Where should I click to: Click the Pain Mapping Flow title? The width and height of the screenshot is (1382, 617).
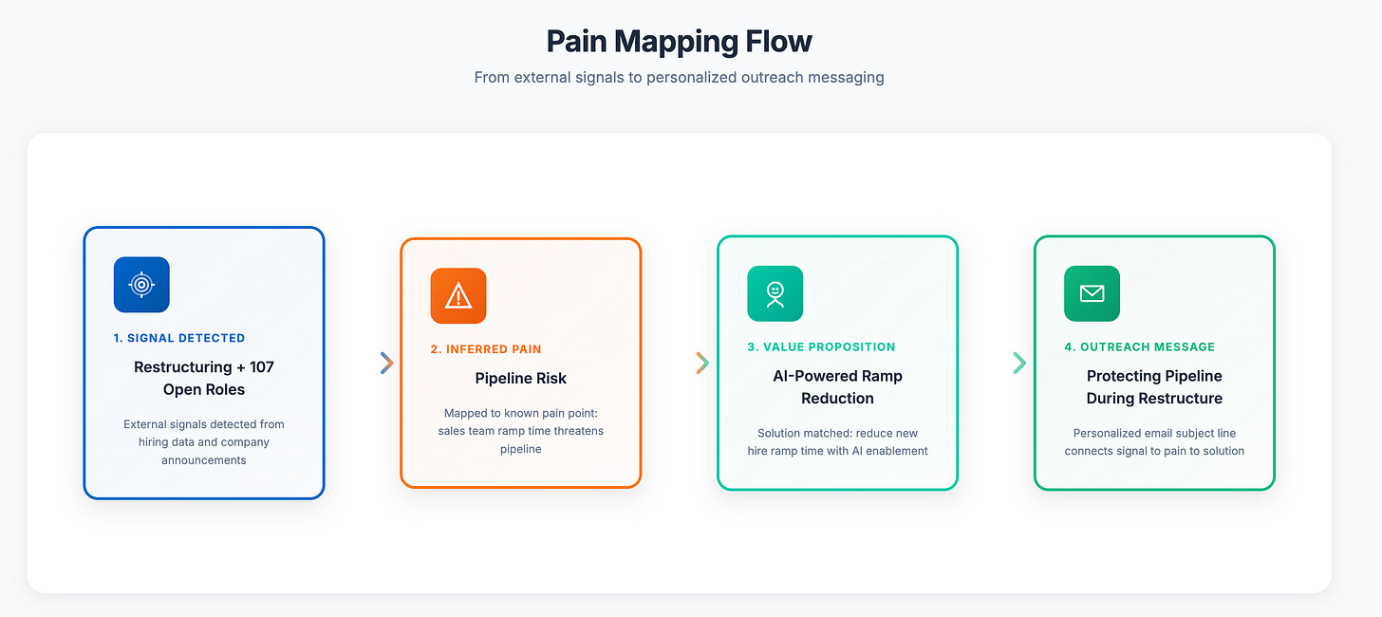(679, 42)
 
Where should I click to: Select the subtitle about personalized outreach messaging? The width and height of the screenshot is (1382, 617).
(679, 77)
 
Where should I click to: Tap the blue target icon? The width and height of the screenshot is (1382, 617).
(141, 285)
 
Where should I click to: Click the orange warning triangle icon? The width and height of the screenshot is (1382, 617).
(458, 296)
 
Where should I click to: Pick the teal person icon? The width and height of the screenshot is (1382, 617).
(775, 293)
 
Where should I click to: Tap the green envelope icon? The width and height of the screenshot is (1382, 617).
(1092, 293)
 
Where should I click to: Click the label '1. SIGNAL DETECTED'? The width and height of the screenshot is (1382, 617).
(178, 338)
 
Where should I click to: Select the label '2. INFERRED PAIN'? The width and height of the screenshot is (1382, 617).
(486, 349)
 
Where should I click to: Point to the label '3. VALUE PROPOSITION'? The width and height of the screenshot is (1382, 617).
(821, 347)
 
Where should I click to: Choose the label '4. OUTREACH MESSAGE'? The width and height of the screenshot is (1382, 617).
(1139, 347)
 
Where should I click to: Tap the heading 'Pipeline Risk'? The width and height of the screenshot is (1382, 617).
(520, 379)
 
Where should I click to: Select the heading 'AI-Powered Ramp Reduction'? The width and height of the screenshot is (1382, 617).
(837, 387)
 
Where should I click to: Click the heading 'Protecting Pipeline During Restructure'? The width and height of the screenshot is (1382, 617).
(1154, 387)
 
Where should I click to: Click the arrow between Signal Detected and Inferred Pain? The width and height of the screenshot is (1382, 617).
(386, 363)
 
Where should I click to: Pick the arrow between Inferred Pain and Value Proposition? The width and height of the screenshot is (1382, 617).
(702, 363)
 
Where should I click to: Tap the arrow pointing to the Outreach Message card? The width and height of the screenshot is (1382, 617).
(1019, 363)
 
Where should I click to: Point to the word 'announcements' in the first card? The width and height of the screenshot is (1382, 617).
(205, 460)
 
